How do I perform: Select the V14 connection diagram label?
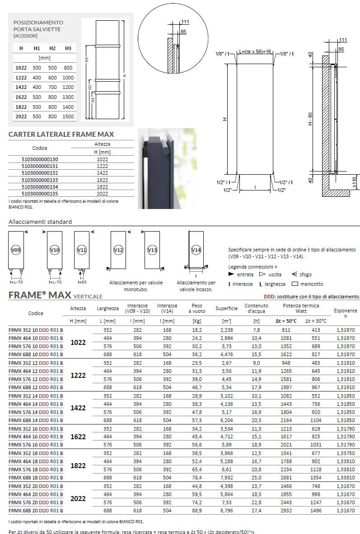[196, 249]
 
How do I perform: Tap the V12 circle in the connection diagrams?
[118, 249]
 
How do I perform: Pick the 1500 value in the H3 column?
[68, 116]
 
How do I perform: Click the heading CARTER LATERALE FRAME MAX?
[61, 134]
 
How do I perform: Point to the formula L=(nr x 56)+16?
[255, 51]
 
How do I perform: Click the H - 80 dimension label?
[310, 118]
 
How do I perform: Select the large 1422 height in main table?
[79, 408]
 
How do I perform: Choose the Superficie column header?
[227, 308]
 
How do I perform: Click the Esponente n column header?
[345, 313]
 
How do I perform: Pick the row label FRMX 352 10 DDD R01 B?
[36, 330]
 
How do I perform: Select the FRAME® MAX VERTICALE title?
[56, 296]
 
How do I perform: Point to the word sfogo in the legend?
[305, 274]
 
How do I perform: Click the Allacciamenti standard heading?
[40, 222]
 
